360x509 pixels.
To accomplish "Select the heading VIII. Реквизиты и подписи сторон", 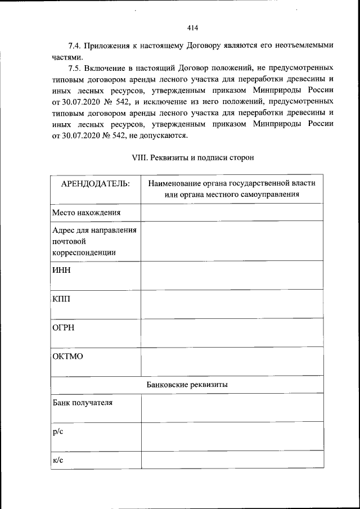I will pyautogui.click(x=192, y=157).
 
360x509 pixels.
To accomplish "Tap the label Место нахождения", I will pyautogui.click(x=87, y=213).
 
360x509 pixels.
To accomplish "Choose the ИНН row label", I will pyautogui.click(x=61, y=269).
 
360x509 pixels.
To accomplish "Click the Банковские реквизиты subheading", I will pyautogui.click(x=187, y=385).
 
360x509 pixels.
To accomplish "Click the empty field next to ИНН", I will pyautogui.click(x=232, y=275).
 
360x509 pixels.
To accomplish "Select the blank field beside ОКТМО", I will pyautogui.click(x=232, y=361).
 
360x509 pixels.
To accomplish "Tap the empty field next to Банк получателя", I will pyautogui.click(x=232, y=408).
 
